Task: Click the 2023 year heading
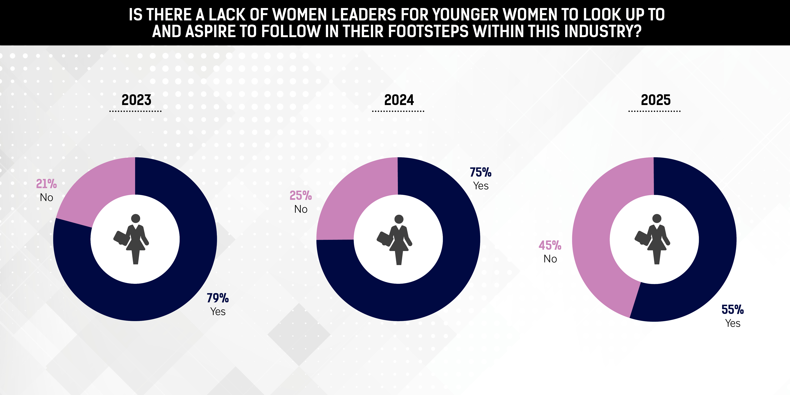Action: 136,100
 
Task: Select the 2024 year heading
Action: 399,100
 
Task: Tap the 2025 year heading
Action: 656,100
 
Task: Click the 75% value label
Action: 481,172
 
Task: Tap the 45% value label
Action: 550,245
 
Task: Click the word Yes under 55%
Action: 733,323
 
